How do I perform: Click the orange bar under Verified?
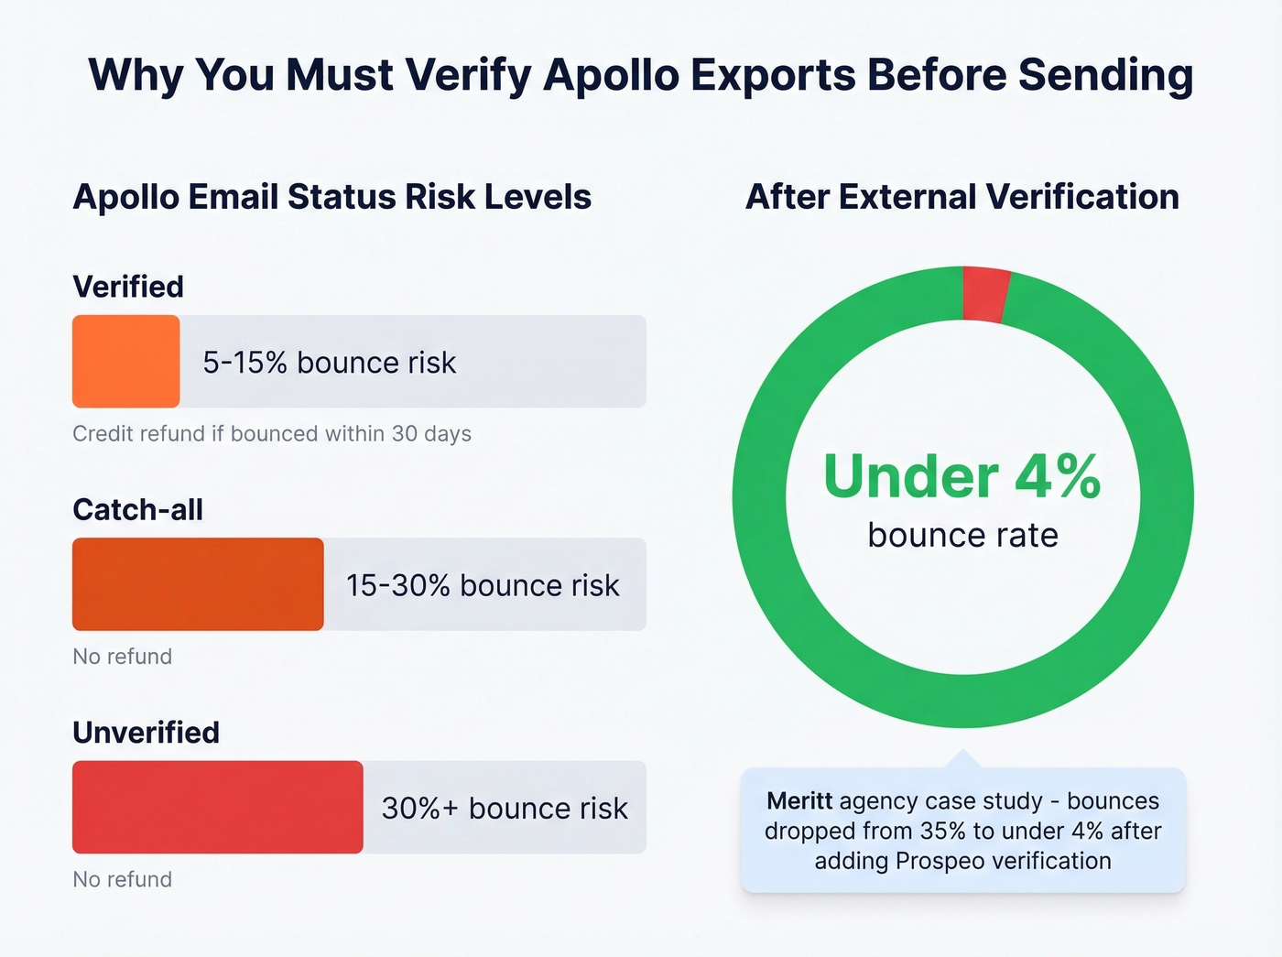click(x=125, y=362)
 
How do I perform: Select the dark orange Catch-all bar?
click(x=198, y=584)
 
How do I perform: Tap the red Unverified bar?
click(x=217, y=807)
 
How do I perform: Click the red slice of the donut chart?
click(x=985, y=294)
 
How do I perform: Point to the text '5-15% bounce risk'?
click(x=329, y=363)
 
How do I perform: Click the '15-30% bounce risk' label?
click(x=483, y=585)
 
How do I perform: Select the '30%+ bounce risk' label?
click(x=505, y=808)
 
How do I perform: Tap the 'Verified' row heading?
click(x=128, y=287)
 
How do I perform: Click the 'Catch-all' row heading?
click(x=137, y=509)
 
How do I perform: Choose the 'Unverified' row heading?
click(x=146, y=733)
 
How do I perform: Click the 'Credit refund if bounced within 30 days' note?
click(x=272, y=433)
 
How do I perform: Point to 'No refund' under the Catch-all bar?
click(x=122, y=656)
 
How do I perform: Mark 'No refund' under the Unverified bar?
click(x=122, y=879)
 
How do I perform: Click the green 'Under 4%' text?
click(x=961, y=477)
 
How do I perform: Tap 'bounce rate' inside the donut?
click(x=962, y=535)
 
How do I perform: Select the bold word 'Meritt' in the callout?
click(x=799, y=801)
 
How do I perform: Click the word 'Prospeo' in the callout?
click(x=940, y=861)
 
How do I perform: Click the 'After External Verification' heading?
click(x=962, y=197)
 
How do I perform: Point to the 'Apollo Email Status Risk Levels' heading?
click(x=331, y=197)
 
